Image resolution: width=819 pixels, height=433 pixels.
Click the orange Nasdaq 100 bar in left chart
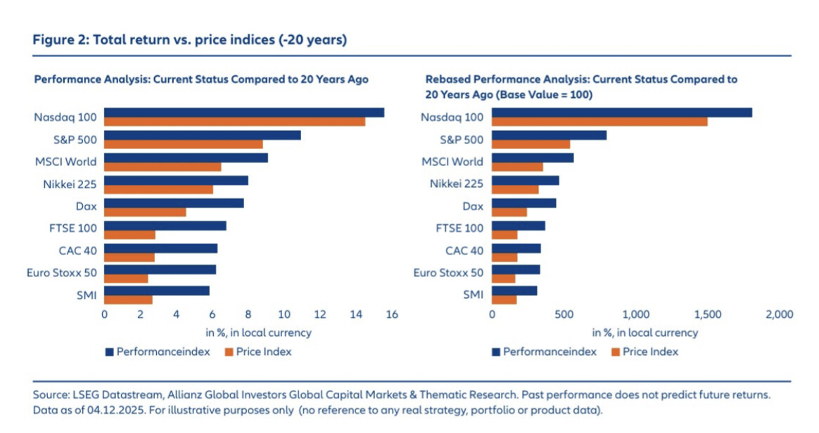click(234, 122)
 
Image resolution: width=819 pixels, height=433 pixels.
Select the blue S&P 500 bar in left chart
click(203, 135)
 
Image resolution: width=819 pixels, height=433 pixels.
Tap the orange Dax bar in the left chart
click(145, 212)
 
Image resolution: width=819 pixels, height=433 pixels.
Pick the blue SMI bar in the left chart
click(157, 291)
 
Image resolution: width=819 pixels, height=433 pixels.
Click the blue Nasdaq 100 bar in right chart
click(621, 112)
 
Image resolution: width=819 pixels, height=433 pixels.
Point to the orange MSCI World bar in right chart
click(517, 167)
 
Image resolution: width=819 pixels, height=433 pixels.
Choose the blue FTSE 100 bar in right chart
click(519, 226)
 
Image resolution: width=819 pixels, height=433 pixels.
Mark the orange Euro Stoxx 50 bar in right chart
click(504, 278)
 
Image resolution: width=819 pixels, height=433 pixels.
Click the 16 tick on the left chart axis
click(392, 314)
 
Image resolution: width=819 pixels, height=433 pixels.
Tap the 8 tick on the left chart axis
click(248, 314)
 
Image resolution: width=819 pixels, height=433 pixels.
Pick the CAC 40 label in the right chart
click(464, 250)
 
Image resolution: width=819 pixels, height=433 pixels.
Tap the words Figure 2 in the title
click(61, 40)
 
